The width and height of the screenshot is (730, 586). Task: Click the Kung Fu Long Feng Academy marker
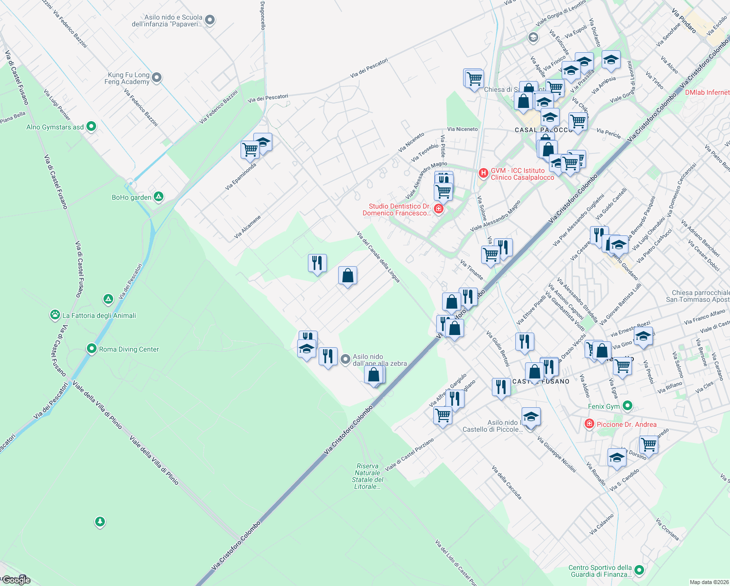pyautogui.click(x=157, y=78)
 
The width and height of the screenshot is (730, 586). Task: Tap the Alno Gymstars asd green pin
pyautogui.click(x=91, y=127)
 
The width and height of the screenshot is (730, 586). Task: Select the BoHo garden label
pyautogui.click(x=131, y=197)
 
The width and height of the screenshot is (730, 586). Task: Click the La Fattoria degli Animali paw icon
pyautogui.click(x=55, y=315)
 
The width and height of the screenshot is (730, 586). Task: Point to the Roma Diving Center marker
pyautogui.click(x=91, y=349)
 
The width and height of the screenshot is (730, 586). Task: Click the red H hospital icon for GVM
pyautogui.click(x=483, y=173)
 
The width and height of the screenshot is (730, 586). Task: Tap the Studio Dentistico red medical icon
pyautogui.click(x=438, y=209)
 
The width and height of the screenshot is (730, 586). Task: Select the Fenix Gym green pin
pyautogui.click(x=628, y=406)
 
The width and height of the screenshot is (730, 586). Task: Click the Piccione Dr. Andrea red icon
pyautogui.click(x=589, y=424)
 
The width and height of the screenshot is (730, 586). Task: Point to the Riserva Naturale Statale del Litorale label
pyautogui.click(x=367, y=476)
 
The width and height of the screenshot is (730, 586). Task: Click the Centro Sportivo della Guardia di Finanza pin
pyautogui.click(x=639, y=570)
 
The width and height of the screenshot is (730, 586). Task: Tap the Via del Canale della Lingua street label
pyautogui.click(x=379, y=257)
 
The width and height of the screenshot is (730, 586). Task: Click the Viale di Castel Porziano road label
pyautogui.click(x=409, y=455)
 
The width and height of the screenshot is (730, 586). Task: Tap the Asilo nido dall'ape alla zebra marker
pyautogui.click(x=345, y=360)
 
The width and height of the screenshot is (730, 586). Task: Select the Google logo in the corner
pyautogui.click(x=16, y=580)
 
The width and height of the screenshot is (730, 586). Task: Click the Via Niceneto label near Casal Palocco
pyautogui.click(x=462, y=129)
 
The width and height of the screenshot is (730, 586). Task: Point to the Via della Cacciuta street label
pyautogui.click(x=507, y=482)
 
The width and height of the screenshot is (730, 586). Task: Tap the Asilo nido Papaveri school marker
pyautogui.click(x=210, y=20)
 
